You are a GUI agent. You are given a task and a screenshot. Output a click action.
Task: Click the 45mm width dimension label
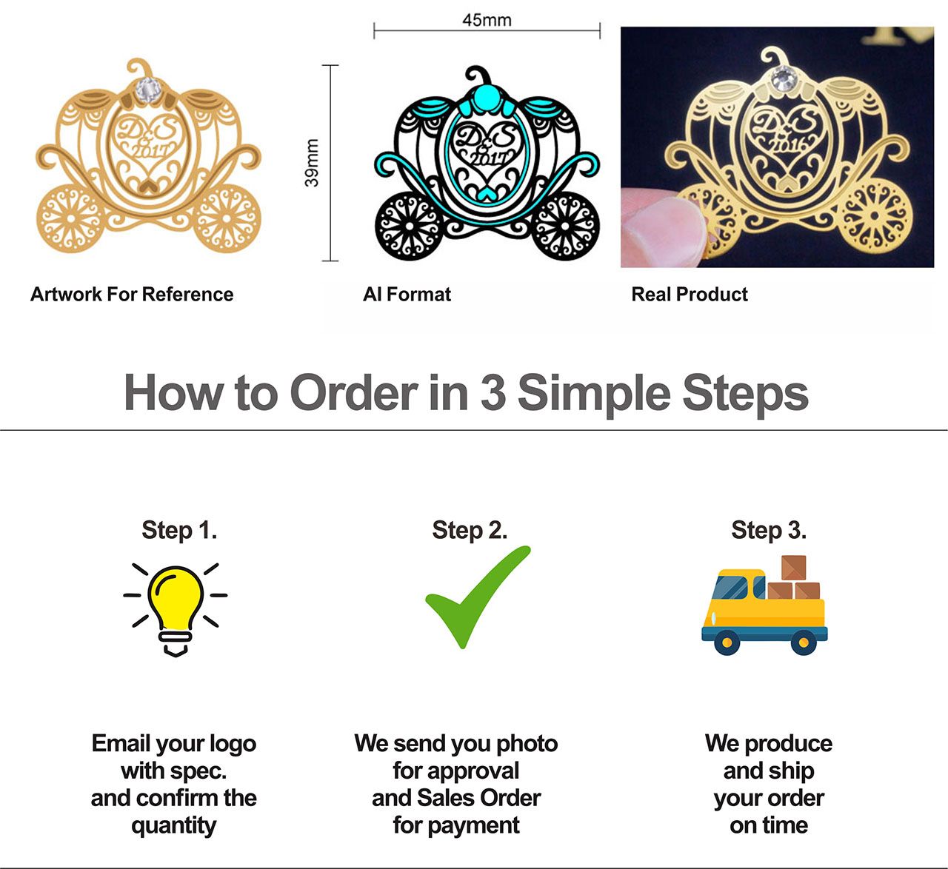pyautogui.click(x=487, y=20)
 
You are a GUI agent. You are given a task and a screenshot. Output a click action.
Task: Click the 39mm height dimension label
pyautogui.click(x=312, y=163)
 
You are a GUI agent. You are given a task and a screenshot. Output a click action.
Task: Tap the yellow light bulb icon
pyautogui.click(x=176, y=609)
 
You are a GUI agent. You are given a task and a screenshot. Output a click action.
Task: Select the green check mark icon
pyautogui.click(x=478, y=597)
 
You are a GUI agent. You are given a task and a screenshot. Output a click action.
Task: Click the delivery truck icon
pyautogui.click(x=764, y=605)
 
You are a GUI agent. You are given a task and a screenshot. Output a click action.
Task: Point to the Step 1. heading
pyautogui.click(x=179, y=530)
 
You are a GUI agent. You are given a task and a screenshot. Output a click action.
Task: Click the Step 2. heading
pyautogui.click(x=470, y=530)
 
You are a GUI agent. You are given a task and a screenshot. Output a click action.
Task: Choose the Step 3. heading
pyautogui.click(x=769, y=530)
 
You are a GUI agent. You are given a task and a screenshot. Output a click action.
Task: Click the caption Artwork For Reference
pyautogui.click(x=132, y=294)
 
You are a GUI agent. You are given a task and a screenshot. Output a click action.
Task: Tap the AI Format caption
pyautogui.click(x=407, y=294)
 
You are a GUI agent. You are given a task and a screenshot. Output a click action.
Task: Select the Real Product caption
pyautogui.click(x=690, y=294)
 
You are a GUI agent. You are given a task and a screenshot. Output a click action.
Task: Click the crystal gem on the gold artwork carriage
pyautogui.click(x=148, y=90)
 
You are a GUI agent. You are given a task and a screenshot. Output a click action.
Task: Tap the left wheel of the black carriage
pyautogui.click(x=410, y=227)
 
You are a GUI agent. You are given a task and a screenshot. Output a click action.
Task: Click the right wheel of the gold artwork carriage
pyautogui.click(x=227, y=218)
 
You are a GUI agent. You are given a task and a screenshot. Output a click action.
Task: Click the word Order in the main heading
pyautogui.click(x=355, y=393)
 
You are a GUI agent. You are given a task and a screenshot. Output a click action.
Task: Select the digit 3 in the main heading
pyautogui.click(x=493, y=393)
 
